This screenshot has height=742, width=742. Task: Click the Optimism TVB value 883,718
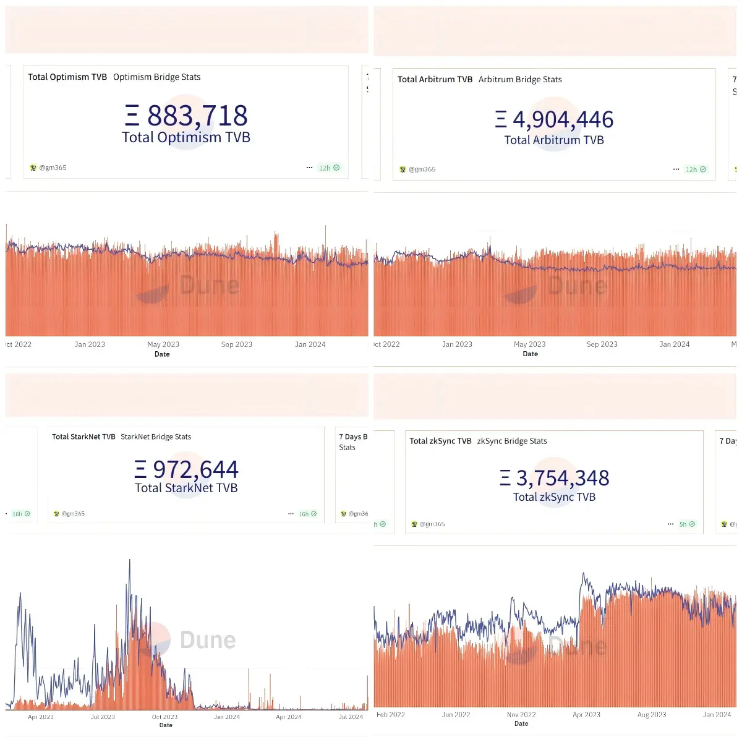click(197, 116)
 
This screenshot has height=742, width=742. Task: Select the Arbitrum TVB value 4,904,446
click(563, 119)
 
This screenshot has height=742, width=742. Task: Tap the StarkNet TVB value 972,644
click(195, 470)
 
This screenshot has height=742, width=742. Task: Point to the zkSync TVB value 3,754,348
click(563, 478)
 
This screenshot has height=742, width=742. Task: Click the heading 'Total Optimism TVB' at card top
click(67, 77)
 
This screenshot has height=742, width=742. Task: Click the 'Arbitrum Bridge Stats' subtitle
click(520, 80)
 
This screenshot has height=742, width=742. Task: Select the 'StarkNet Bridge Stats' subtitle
click(156, 437)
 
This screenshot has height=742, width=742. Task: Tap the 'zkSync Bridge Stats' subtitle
click(512, 441)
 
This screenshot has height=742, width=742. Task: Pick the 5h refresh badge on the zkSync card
click(687, 524)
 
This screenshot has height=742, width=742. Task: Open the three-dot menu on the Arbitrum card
click(676, 169)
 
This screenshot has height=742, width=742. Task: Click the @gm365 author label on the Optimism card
click(53, 168)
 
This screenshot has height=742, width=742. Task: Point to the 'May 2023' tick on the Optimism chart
click(163, 344)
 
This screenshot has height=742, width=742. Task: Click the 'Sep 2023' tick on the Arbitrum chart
click(602, 344)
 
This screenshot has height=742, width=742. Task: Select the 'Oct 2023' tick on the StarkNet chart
click(164, 717)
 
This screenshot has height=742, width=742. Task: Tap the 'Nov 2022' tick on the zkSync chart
click(521, 715)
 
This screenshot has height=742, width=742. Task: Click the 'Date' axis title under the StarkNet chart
click(166, 725)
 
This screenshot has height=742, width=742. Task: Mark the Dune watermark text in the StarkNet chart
click(208, 640)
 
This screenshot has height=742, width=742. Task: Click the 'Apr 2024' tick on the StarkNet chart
click(289, 717)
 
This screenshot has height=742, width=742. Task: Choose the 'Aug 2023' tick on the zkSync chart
click(652, 715)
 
